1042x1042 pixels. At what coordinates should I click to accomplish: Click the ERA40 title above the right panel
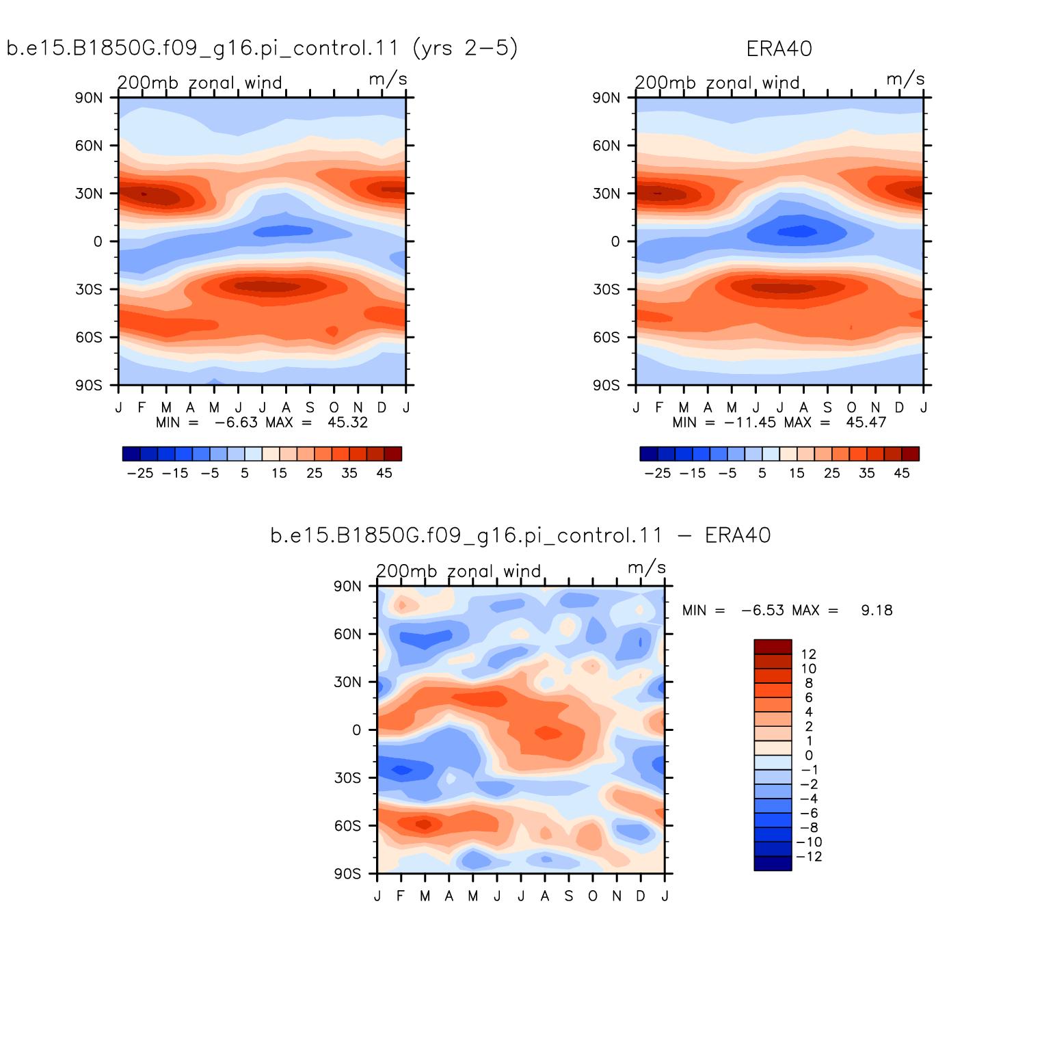(x=779, y=49)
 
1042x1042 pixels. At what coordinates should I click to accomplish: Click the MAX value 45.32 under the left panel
(x=347, y=423)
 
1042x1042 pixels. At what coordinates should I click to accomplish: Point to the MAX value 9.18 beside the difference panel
(x=877, y=611)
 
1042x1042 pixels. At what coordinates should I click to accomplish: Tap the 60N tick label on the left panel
(x=89, y=146)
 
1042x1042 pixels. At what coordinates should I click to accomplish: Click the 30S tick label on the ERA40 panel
(x=606, y=289)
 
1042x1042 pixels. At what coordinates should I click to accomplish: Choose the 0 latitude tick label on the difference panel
(x=356, y=730)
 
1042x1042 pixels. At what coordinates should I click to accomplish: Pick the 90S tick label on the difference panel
(x=347, y=874)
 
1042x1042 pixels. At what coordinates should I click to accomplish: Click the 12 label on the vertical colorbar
(x=808, y=654)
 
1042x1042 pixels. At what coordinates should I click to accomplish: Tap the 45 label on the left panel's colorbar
(x=384, y=473)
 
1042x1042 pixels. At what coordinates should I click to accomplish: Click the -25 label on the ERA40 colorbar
(x=658, y=473)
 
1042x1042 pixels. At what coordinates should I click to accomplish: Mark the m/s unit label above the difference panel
(x=647, y=567)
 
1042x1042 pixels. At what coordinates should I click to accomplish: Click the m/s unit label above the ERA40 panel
(x=906, y=79)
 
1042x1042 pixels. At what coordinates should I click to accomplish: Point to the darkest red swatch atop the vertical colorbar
(x=773, y=647)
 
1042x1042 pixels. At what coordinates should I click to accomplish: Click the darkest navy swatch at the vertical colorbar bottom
(x=773, y=864)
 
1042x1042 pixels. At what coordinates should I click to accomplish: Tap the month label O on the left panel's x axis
(x=334, y=408)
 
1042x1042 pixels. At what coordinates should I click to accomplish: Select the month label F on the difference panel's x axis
(x=401, y=896)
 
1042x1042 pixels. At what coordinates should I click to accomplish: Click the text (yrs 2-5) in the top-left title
(x=466, y=49)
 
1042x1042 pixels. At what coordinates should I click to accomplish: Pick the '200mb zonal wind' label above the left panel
(x=200, y=83)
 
